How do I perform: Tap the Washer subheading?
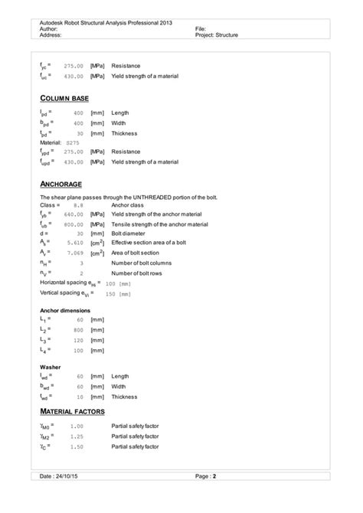51,367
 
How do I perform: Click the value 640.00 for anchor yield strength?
74,214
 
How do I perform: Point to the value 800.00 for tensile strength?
74,224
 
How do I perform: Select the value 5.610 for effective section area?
74,242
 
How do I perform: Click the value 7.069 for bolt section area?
74,252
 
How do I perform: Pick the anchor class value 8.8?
78,206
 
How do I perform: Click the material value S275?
73,142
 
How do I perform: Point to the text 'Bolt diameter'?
129,233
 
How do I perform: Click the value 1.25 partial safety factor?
77,436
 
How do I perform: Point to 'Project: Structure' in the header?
219,35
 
